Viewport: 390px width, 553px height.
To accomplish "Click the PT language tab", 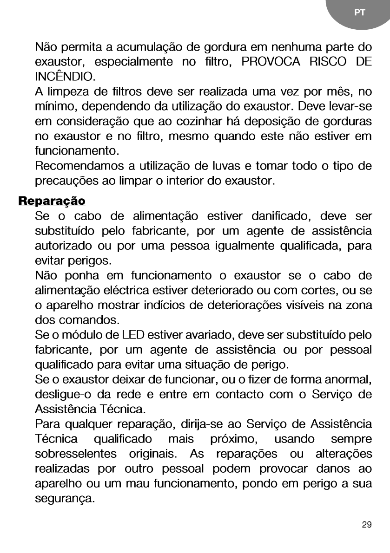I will (x=359, y=13).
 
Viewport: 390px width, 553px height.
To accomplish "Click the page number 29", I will (x=366, y=525).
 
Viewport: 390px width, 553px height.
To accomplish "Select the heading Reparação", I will (x=52, y=202).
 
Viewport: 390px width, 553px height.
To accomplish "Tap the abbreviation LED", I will (x=132, y=335).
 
